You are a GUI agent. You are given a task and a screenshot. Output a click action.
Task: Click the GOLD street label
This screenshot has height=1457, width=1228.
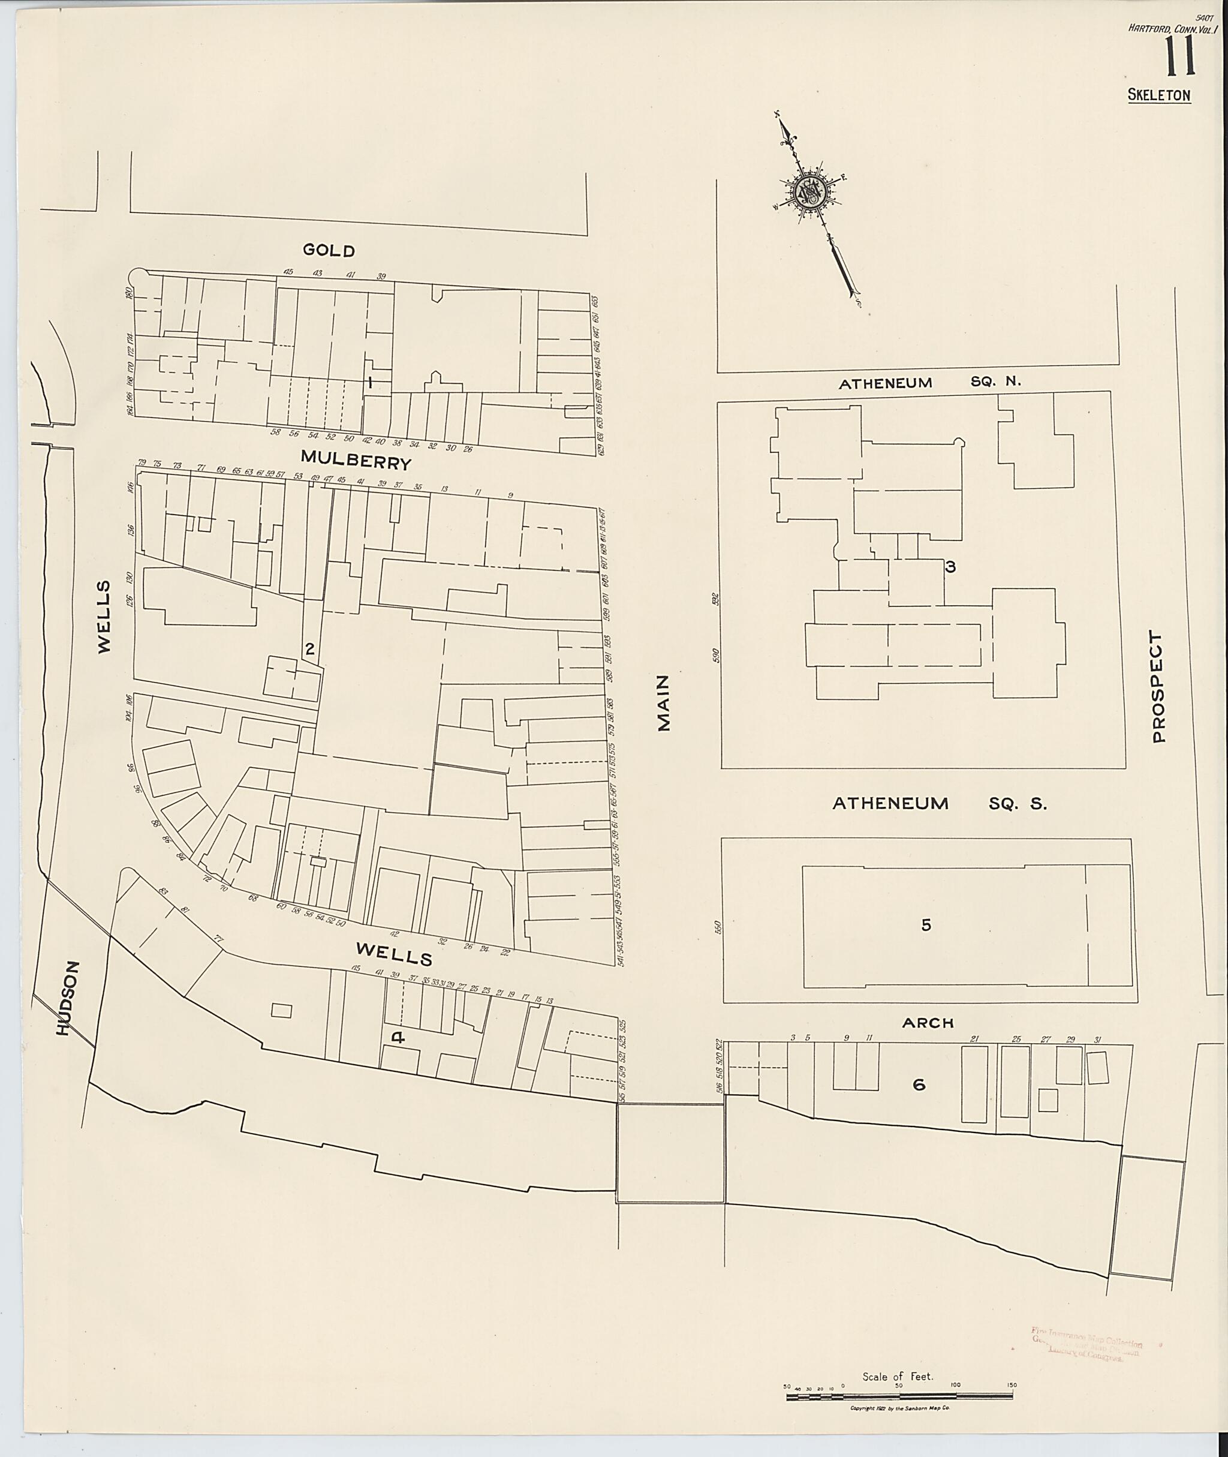pos(329,251)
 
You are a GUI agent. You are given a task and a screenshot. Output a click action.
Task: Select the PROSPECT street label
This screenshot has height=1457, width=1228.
pos(1158,687)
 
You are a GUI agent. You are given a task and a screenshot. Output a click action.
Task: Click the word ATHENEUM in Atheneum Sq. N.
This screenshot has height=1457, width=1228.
pos(886,383)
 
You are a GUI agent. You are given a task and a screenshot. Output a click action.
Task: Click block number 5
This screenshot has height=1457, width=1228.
pos(926,925)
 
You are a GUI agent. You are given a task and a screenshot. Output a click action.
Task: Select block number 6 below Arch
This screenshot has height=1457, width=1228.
pos(919,1085)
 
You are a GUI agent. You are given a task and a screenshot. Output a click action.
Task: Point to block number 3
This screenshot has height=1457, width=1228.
pos(950,567)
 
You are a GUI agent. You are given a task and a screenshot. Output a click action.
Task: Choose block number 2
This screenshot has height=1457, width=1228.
pos(310,649)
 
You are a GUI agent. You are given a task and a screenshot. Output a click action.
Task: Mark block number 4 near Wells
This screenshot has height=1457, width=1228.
pos(398,1038)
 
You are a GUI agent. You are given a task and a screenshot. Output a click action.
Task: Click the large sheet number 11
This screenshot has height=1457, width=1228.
pos(1181,57)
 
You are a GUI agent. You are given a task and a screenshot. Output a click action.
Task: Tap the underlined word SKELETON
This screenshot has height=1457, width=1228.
pos(1159,96)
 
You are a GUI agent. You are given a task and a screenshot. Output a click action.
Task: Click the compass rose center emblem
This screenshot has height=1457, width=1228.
pos(811,190)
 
